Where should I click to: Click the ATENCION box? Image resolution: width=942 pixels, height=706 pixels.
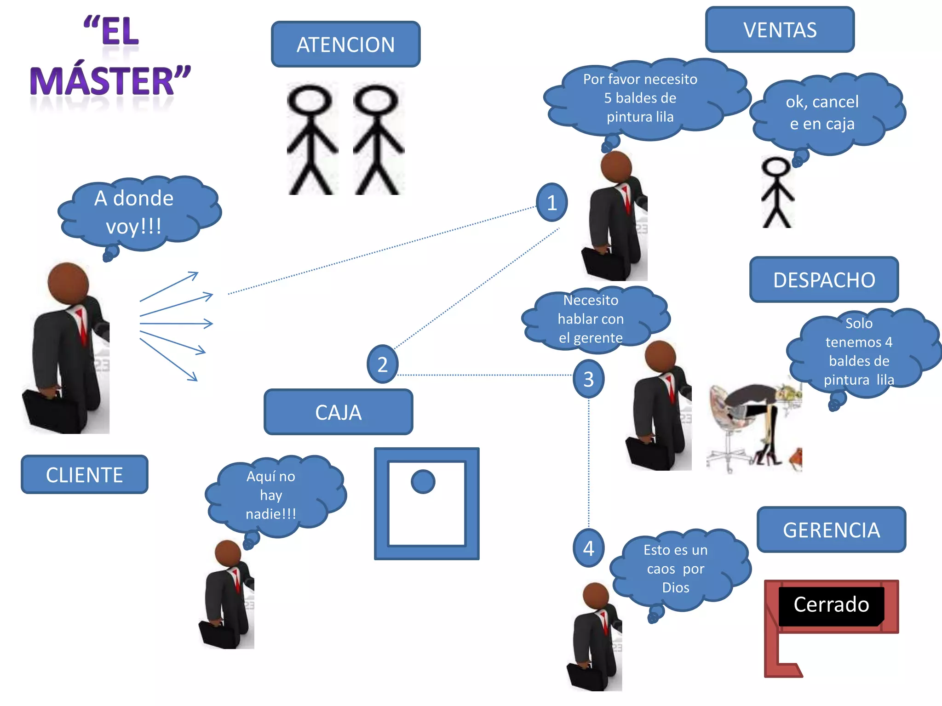(x=345, y=45)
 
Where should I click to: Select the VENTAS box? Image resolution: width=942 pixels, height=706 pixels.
(x=780, y=30)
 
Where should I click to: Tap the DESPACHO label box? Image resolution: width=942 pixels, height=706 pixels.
(x=824, y=280)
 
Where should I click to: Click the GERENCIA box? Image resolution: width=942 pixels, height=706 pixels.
(x=831, y=530)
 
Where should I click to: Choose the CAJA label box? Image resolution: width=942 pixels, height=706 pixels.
(x=338, y=412)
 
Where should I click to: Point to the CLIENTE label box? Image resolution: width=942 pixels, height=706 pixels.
(x=85, y=475)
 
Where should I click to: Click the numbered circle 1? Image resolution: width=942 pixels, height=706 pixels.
(x=551, y=203)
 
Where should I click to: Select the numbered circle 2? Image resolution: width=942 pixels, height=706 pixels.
(x=382, y=364)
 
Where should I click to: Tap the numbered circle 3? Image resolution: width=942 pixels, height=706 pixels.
(x=588, y=379)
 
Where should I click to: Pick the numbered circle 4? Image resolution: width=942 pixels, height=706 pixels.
(x=588, y=548)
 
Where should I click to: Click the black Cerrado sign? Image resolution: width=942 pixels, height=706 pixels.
(x=831, y=605)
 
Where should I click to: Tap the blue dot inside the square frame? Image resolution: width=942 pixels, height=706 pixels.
(x=423, y=482)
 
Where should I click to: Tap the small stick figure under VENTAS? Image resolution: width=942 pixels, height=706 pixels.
(x=777, y=193)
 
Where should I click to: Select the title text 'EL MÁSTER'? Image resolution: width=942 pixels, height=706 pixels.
(x=110, y=57)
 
